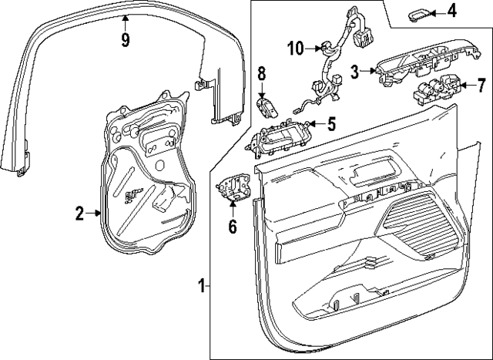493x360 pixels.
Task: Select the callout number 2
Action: (79, 214)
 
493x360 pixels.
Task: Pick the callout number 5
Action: (331, 122)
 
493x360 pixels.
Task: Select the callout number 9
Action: (126, 38)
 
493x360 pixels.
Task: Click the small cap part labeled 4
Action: (419, 12)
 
